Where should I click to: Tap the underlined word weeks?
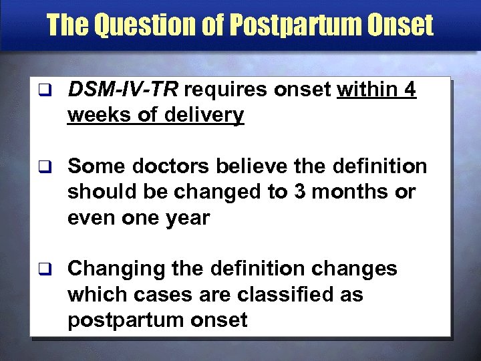[97, 116]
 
